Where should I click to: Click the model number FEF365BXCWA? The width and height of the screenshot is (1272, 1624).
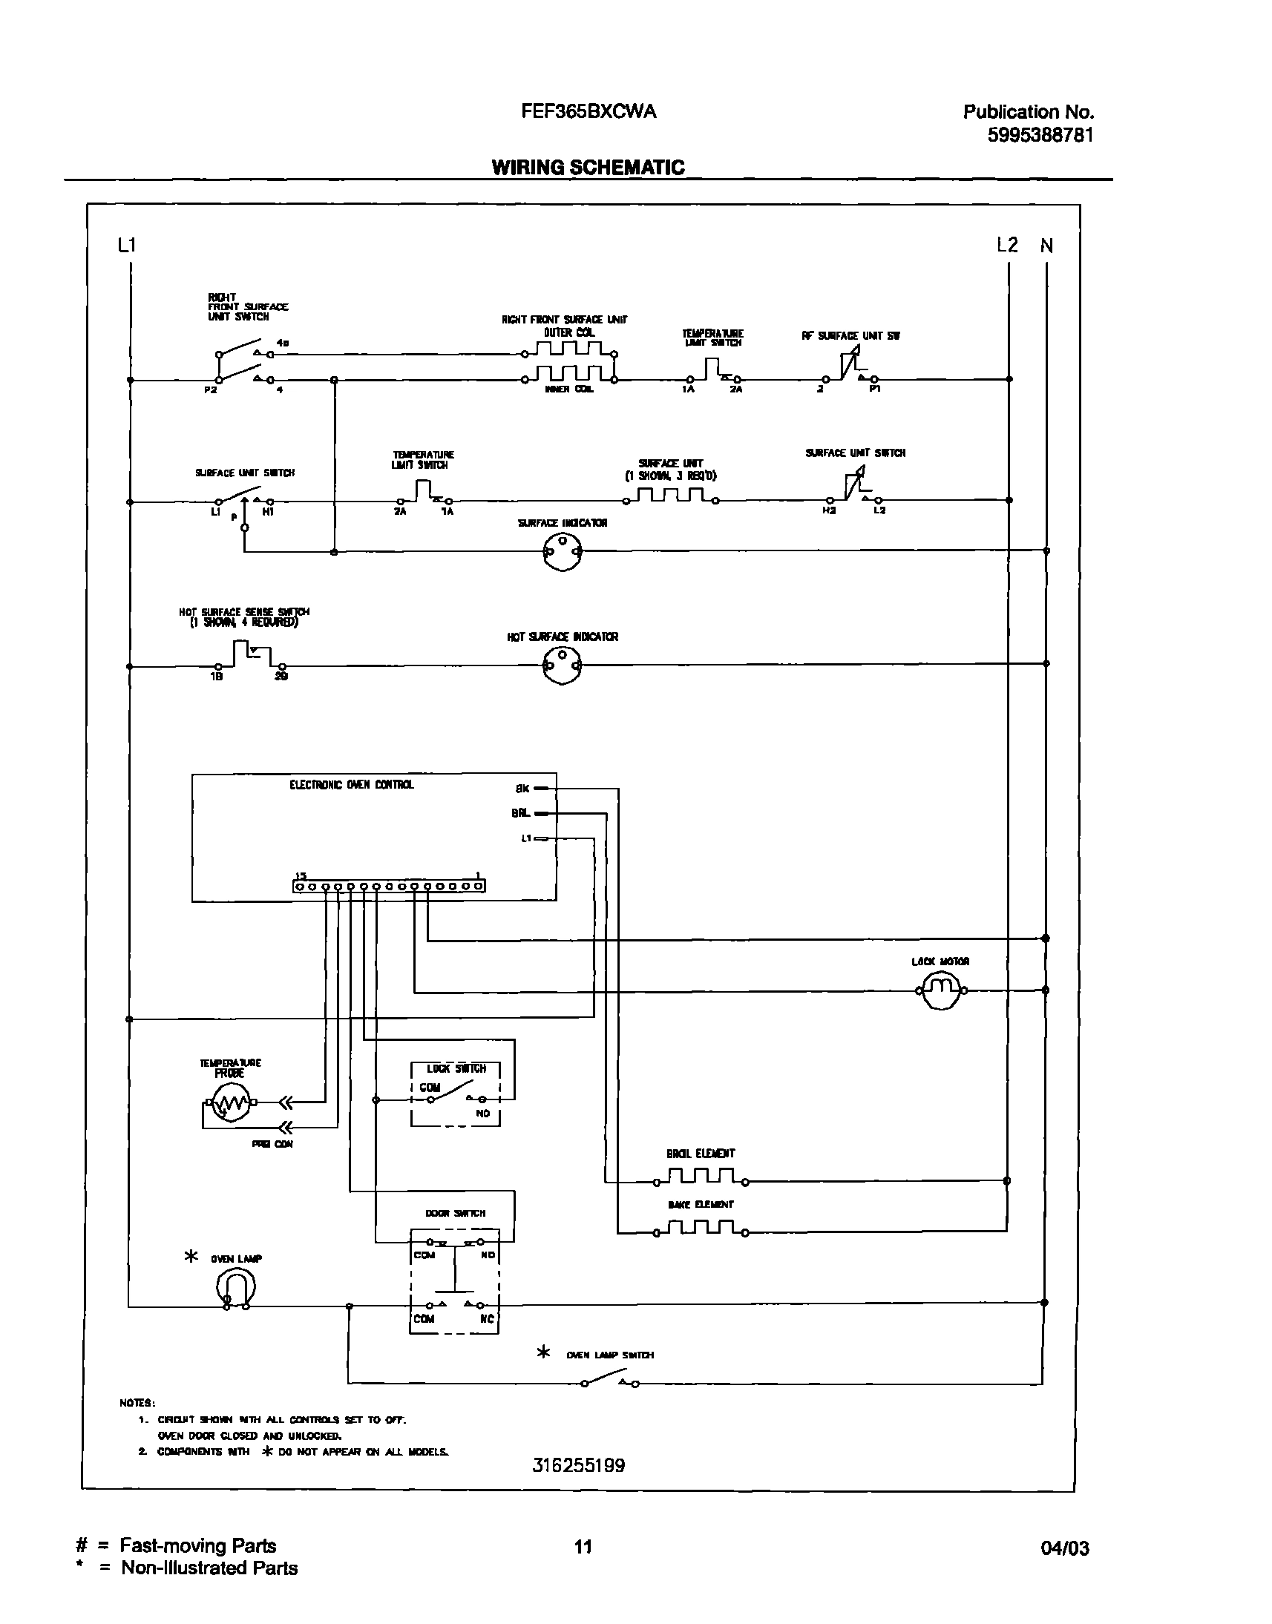point(589,112)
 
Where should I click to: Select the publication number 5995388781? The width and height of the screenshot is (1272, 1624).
point(1040,136)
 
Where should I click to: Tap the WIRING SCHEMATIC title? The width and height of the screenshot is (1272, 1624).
point(588,167)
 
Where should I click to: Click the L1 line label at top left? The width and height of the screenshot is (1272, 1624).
point(127,245)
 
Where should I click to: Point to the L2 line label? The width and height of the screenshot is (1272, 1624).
point(1007,245)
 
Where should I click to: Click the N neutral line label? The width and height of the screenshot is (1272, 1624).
point(1046,246)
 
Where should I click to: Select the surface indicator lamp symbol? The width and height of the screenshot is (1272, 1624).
point(563,552)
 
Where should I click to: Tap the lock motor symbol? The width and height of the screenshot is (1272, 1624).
point(941,990)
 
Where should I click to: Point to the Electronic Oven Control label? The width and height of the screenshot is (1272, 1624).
point(351,785)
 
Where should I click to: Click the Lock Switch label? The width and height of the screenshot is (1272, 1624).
point(456,1068)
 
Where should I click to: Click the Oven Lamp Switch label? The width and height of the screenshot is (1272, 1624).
point(609,1355)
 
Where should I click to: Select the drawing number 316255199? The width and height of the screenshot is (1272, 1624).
point(579,1465)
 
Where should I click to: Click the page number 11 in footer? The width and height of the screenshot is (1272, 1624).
point(583,1547)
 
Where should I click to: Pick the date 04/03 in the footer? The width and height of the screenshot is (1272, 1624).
point(1064,1548)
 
